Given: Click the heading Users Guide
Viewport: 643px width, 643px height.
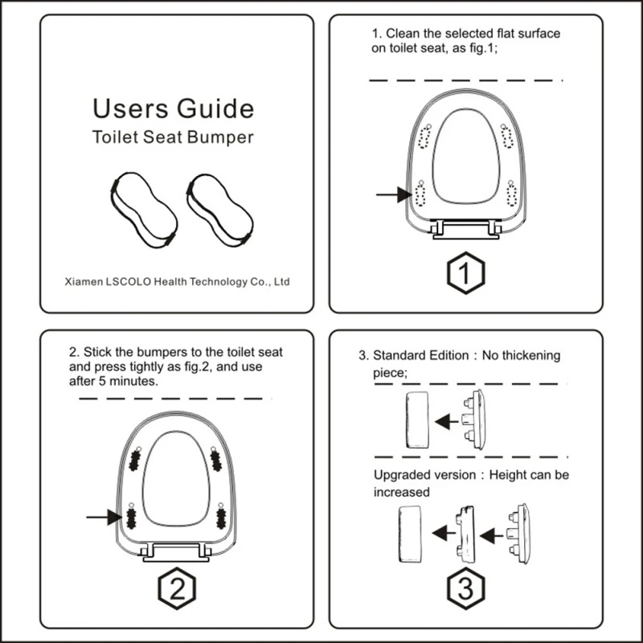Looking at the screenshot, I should click(173, 108).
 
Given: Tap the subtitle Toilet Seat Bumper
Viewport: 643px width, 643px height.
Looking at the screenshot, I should click(173, 137).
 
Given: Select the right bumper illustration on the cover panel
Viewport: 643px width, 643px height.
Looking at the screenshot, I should click(219, 210).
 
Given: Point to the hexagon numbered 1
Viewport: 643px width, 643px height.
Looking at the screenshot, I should click(465, 274).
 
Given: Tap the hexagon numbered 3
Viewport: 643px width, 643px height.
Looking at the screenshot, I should click(465, 591).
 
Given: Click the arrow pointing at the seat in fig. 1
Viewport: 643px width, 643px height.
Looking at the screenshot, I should click(392, 194).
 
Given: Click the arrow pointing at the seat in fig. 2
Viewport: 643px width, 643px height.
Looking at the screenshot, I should click(103, 518).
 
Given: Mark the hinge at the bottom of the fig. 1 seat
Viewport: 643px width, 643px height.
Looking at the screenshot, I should click(466, 231).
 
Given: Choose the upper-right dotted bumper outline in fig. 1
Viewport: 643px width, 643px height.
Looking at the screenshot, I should click(507, 137).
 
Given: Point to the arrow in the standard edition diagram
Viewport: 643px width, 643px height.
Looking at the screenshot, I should click(444, 420).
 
